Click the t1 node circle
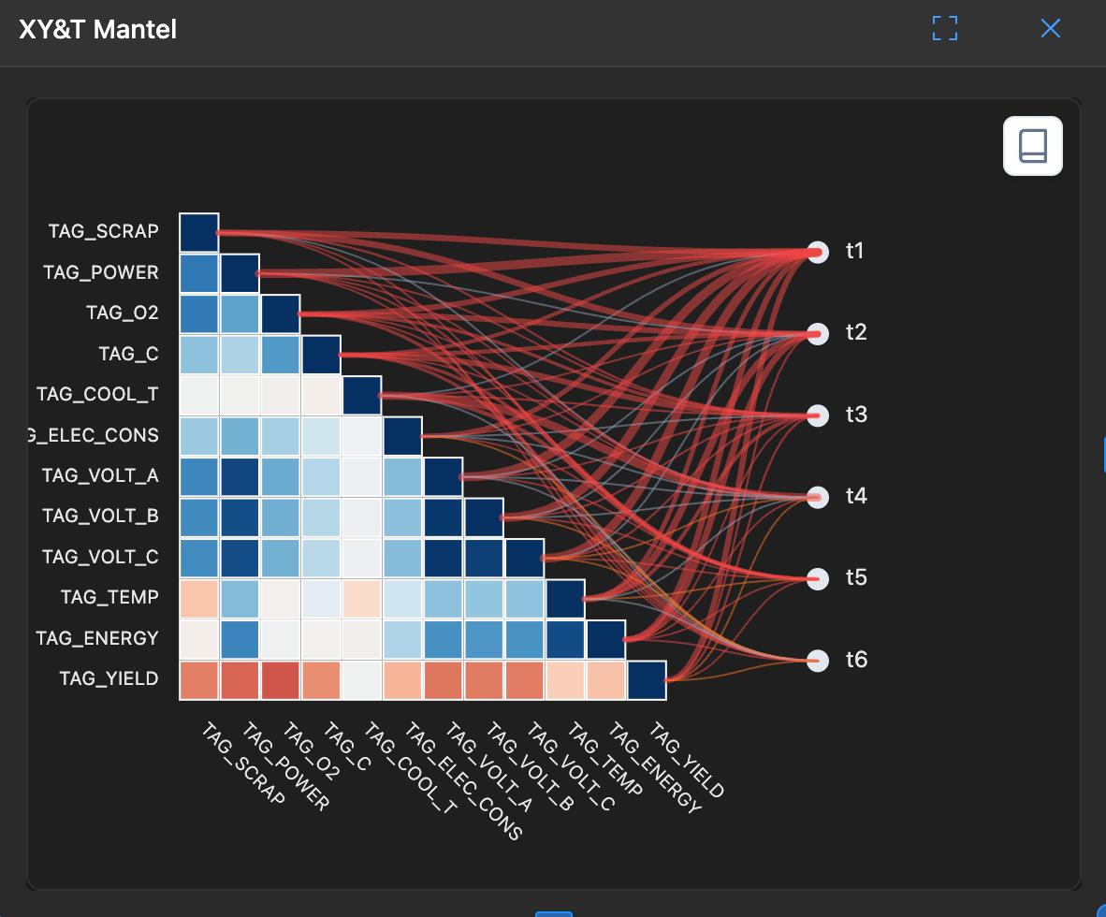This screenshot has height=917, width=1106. pyautogui.click(x=818, y=253)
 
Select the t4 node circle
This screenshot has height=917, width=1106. pyautogui.click(x=818, y=497)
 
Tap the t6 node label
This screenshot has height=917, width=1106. pyautogui.click(x=856, y=661)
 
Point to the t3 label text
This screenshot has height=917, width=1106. pyautogui.click(x=856, y=415)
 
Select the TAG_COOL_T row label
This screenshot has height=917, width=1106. pyautogui.click(x=97, y=394)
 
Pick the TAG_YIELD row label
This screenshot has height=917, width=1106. pyautogui.click(x=109, y=678)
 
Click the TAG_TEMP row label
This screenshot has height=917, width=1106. pyautogui.click(x=109, y=597)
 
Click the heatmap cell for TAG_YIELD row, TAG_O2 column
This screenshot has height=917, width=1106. pyautogui.click(x=280, y=680)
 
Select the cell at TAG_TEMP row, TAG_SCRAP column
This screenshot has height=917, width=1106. pyautogui.click(x=198, y=599)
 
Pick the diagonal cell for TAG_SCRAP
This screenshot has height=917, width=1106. pyautogui.click(x=198, y=232)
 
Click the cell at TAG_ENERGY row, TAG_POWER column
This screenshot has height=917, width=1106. pyautogui.click(x=240, y=639)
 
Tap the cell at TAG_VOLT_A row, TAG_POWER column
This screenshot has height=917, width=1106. pyautogui.click(x=240, y=476)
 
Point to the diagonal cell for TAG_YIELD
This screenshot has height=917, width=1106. pyautogui.click(x=647, y=680)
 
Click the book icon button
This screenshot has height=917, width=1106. pyautogui.click(x=1032, y=146)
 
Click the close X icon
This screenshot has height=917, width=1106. pyautogui.click(x=1051, y=29)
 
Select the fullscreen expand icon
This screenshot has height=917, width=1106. pyautogui.click(x=945, y=29)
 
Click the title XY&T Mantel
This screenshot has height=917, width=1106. pyautogui.click(x=98, y=30)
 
